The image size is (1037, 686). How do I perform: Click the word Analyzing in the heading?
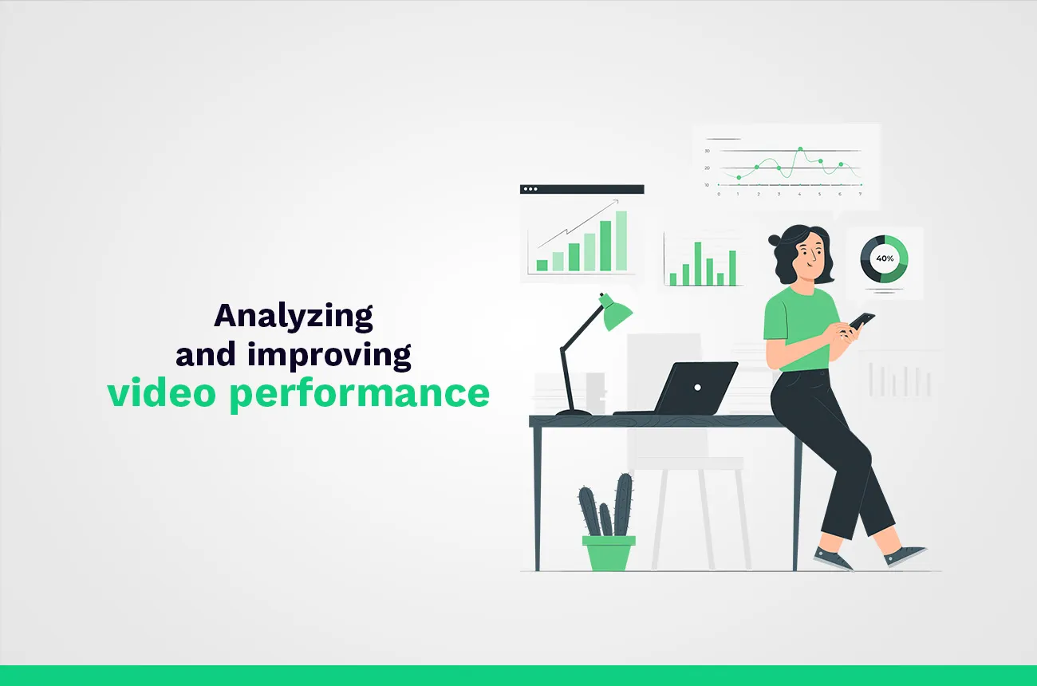click(x=293, y=317)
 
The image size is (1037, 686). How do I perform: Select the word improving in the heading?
click(x=329, y=355)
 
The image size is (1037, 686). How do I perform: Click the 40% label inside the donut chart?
click(x=885, y=258)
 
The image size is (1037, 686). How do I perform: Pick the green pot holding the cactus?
click(x=609, y=552)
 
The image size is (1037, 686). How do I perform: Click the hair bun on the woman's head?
click(x=775, y=239)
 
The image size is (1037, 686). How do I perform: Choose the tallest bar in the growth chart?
click(x=621, y=241)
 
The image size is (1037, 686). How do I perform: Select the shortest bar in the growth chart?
click(x=542, y=265)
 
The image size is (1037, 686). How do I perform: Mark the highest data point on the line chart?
click(x=800, y=149)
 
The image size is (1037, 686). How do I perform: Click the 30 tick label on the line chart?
click(x=707, y=151)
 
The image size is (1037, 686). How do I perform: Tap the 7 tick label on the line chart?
click(x=859, y=194)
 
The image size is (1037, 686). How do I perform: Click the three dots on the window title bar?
click(x=530, y=190)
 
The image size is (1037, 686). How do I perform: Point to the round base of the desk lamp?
click(x=573, y=412)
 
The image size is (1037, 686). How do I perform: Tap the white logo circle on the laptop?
click(x=697, y=388)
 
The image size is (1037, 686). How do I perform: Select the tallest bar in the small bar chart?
click(x=697, y=263)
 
